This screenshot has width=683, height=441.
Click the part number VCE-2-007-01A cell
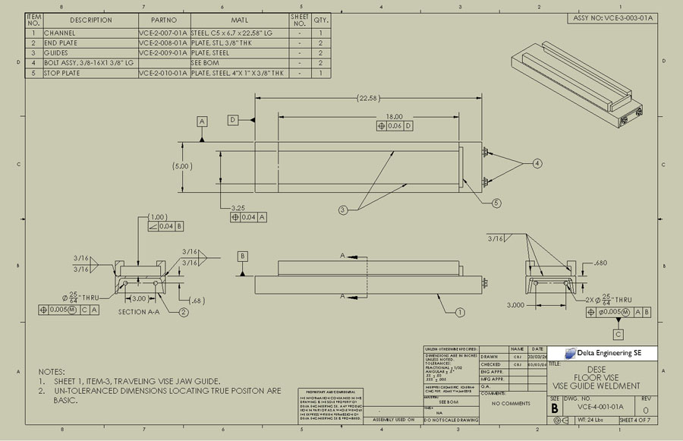[163, 33]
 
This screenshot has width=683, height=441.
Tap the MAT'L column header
[239, 20]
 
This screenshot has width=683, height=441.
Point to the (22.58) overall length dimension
[367, 98]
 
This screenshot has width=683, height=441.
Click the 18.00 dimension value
[394, 116]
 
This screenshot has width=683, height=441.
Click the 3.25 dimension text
[238, 206]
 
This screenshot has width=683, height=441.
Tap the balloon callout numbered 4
[537, 163]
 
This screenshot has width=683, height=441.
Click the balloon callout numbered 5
[496, 203]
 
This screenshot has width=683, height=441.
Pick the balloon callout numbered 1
[460, 311]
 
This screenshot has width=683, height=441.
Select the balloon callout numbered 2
[184, 312]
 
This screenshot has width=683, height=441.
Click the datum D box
[232, 120]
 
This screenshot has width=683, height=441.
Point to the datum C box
[618, 334]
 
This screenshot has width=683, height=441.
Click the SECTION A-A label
[142, 312]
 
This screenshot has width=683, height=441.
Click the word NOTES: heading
[52, 371]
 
